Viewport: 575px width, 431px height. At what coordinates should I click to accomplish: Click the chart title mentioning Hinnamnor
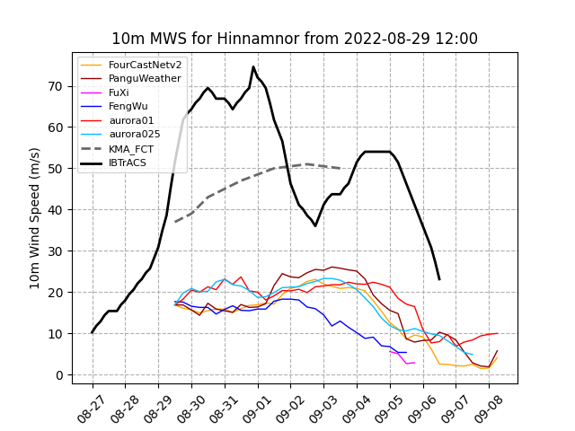pyautogui.click(x=295, y=39)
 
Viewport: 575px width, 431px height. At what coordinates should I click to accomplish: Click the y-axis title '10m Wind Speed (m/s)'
pyautogui.click(x=35, y=218)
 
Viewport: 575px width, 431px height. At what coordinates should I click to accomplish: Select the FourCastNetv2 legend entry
pyautogui.click(x=145, y=65)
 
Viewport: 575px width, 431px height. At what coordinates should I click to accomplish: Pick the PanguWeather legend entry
pyautogui.click(x=145, y=79)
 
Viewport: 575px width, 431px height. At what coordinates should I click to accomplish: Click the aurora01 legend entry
pyautogui.click(x=131, y=120)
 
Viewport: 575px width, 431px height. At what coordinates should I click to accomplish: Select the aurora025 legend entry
pyautogui.click(x=135, y=134)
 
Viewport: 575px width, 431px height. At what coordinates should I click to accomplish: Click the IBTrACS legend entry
pyautogui.click(x=131, y=163)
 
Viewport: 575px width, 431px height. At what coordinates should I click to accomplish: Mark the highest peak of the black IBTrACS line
pyautogui.click(x=253, y=66)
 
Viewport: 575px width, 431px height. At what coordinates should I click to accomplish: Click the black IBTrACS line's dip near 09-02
pyautogui.click(x=315, y=225)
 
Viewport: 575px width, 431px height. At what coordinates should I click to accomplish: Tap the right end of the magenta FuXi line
pyautogui.click(x=413, y=363)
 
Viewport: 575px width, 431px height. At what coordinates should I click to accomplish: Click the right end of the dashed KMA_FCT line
pyautogui.click(x=341, y=168)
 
